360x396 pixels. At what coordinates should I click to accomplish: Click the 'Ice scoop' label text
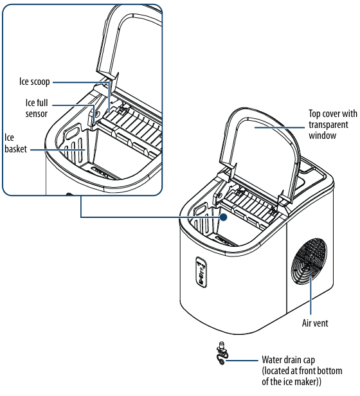click(x=34, y=82)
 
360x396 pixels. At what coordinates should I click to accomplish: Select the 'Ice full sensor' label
click(x=36, y=108)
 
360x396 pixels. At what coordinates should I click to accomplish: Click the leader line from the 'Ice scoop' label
click(x=80, y=82)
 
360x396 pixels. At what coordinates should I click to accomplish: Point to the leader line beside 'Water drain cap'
click(x=244, y=361)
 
